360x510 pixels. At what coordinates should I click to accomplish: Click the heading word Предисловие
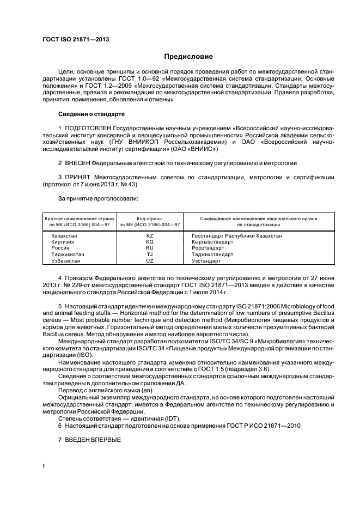pos(188,57)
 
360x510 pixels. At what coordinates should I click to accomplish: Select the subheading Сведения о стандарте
pos(91,114)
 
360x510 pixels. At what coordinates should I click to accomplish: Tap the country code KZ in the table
pos(150,235)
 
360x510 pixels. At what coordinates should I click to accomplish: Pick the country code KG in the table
pos(150,241)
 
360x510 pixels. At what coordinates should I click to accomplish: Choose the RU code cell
pos(150,247)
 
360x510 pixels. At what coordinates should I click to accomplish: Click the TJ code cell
pos(150,254)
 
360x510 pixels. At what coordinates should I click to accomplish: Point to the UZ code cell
pos(150,260)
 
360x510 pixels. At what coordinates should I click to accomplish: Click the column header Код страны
pos(149,218)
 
